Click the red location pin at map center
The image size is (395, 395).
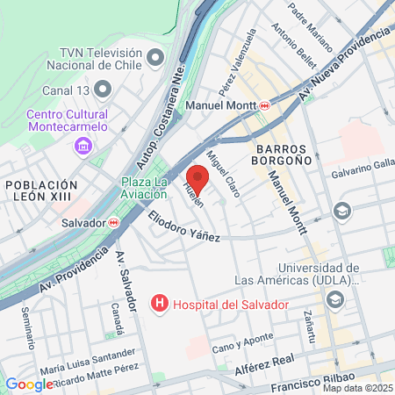point(197,178)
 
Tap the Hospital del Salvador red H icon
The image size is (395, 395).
point(160,305)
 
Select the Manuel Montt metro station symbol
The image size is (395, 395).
point(264,105)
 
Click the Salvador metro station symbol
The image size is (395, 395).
point(113,223)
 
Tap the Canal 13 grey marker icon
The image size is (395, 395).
point(104,89)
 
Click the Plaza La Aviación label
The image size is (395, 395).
point(143,189)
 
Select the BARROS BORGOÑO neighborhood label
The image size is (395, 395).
point(283,154)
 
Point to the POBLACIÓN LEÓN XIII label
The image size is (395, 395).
point(40,191)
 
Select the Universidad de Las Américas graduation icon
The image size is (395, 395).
point(334,300)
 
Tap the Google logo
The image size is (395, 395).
point(29,384)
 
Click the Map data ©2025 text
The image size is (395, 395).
point(357,388)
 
